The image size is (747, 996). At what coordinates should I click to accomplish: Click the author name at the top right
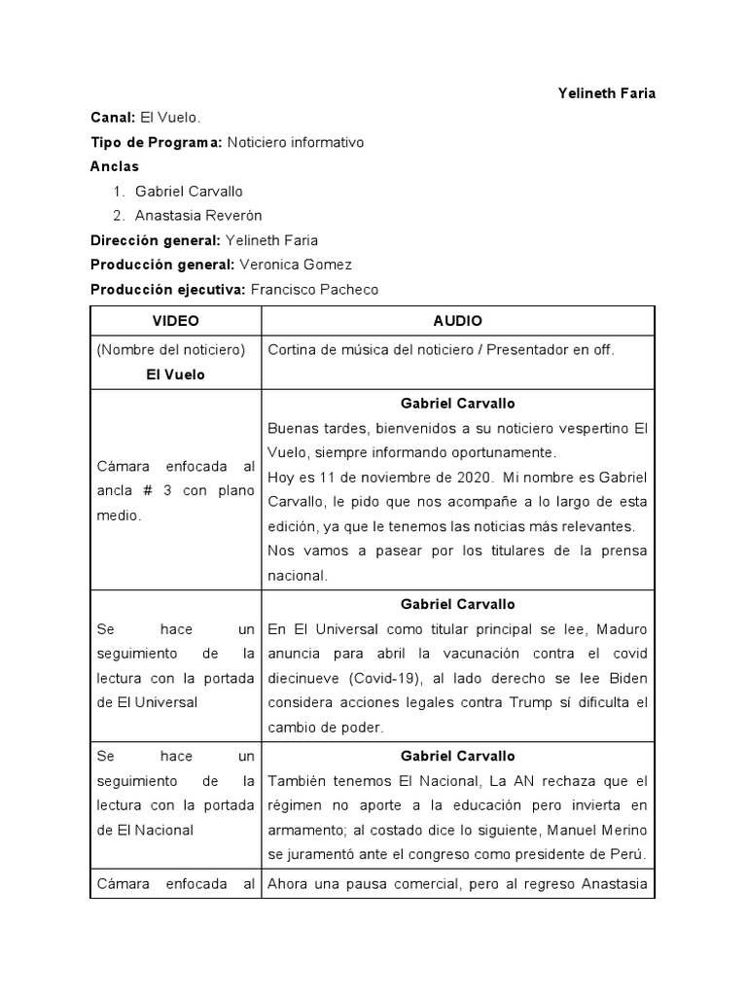point(606,93)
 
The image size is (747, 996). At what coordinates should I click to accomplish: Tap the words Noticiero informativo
point(295,142)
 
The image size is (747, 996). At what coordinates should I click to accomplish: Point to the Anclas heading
point(115,166)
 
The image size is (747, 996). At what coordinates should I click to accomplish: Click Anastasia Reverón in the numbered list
point(198,215)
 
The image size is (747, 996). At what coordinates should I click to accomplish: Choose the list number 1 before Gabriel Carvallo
point(119,191)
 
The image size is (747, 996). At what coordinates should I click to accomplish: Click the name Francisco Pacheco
point(314,289)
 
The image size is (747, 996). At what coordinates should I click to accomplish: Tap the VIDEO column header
point(175,321)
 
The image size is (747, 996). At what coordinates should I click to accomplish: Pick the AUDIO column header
point(457,321)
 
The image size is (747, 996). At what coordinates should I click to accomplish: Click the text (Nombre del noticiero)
point(170,349)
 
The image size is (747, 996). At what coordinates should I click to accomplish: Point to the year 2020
point(466,477)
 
